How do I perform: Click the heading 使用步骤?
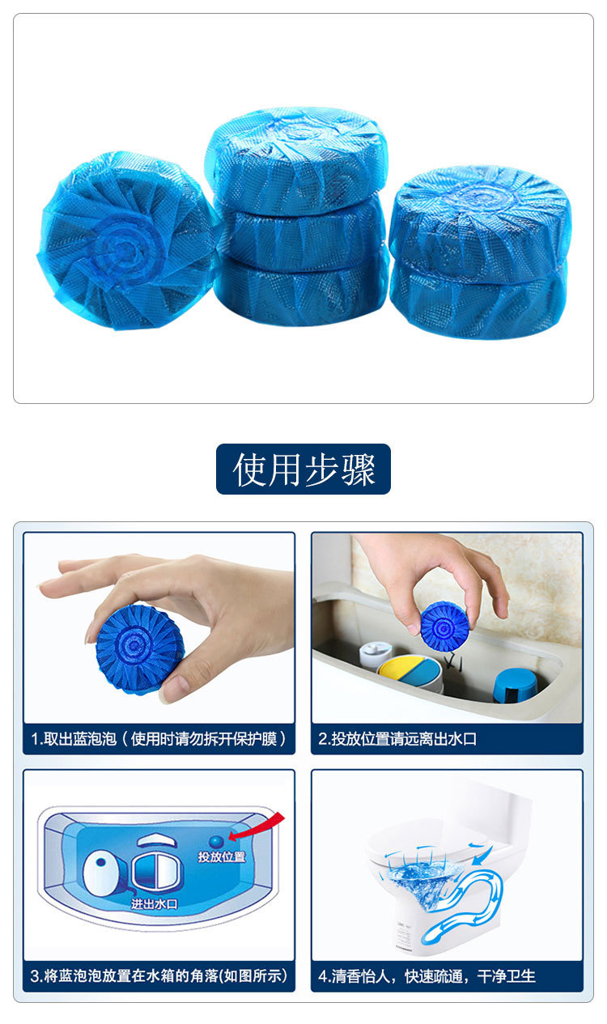pos(303,470)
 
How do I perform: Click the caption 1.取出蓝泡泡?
pos(159,739)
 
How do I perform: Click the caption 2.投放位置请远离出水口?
pos(409,739)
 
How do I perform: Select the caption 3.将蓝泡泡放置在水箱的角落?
pos(159,975)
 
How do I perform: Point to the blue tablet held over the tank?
pos(444,625)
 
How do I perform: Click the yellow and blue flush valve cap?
pos(410,670)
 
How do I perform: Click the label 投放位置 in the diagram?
pos(221,856)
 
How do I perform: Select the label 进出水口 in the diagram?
pos(154,903)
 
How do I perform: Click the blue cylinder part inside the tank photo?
pos(515,685)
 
